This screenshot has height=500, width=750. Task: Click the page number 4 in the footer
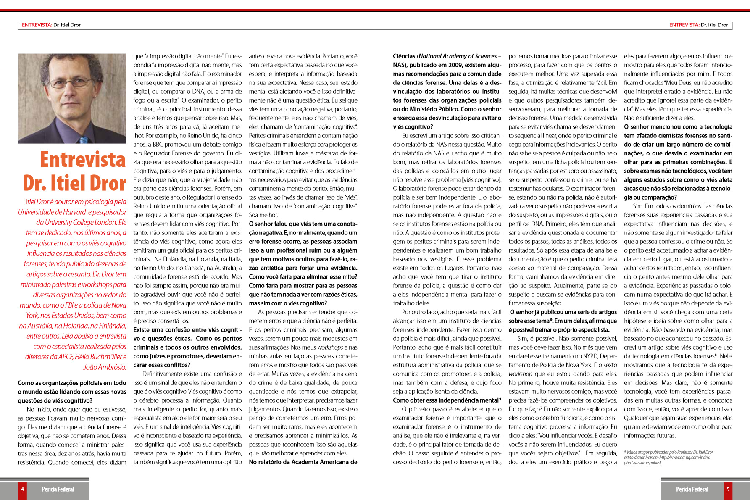tap(22, 489)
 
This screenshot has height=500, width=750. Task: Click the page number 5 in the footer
tap(728, 489)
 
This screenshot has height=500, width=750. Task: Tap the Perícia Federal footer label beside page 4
tap(58, 489)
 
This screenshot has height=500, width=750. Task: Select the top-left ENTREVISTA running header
tap(51, 25)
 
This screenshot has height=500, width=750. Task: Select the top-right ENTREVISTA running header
tap(698, 25)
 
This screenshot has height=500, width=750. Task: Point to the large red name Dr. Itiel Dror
tap(74, 183)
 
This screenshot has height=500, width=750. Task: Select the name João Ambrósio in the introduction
tap(105, 367)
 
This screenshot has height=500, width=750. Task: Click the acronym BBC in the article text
tap(158, 144)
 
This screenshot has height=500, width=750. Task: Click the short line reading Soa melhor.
tap(263, 215)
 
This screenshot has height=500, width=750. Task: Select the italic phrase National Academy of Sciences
tap(458, 56)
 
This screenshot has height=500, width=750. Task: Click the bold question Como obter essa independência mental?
tap(447, 400)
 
